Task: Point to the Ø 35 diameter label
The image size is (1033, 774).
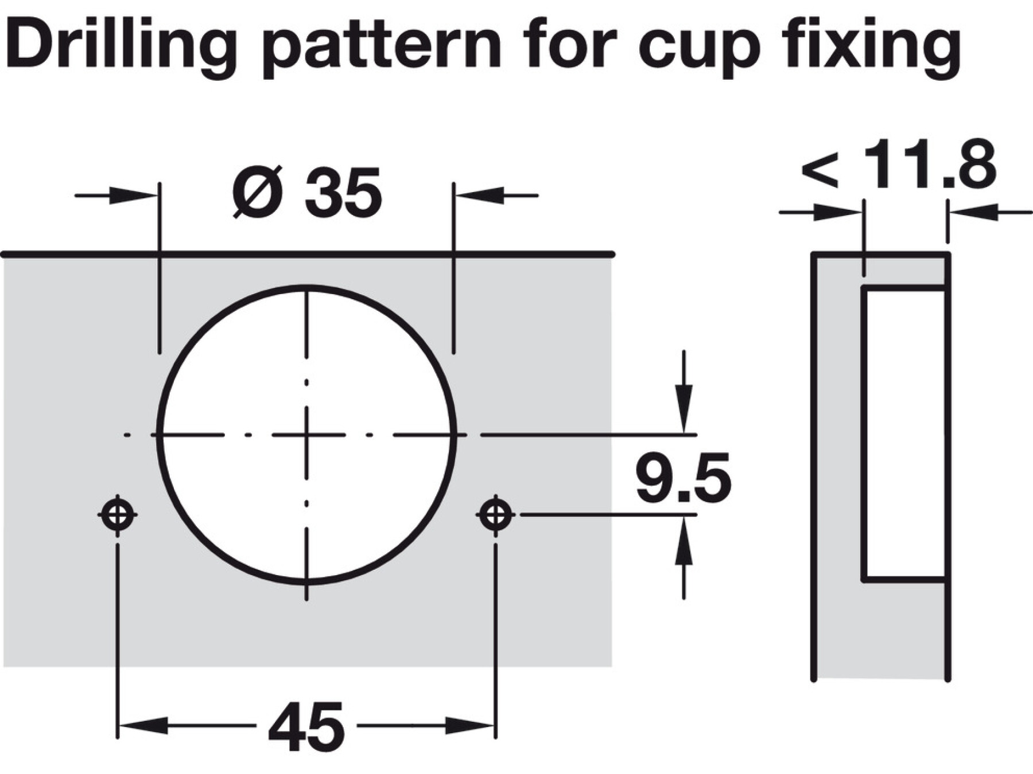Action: (x=307, y=192)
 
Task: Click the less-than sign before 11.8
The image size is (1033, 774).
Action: (x=820, y=170)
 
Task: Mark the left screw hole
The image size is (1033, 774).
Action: (x=118, y=514)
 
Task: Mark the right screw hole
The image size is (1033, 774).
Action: (x=496, y=514)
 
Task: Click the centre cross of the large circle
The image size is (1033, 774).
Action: (x=307, y=435)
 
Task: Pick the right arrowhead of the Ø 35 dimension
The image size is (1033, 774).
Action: (x=480, y=195)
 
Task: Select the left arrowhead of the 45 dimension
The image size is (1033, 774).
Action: (x=143, y=726)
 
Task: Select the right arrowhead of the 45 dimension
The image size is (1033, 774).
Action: (x=471, y=726)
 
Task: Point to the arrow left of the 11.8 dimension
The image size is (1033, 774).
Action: (x=821, y=213)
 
